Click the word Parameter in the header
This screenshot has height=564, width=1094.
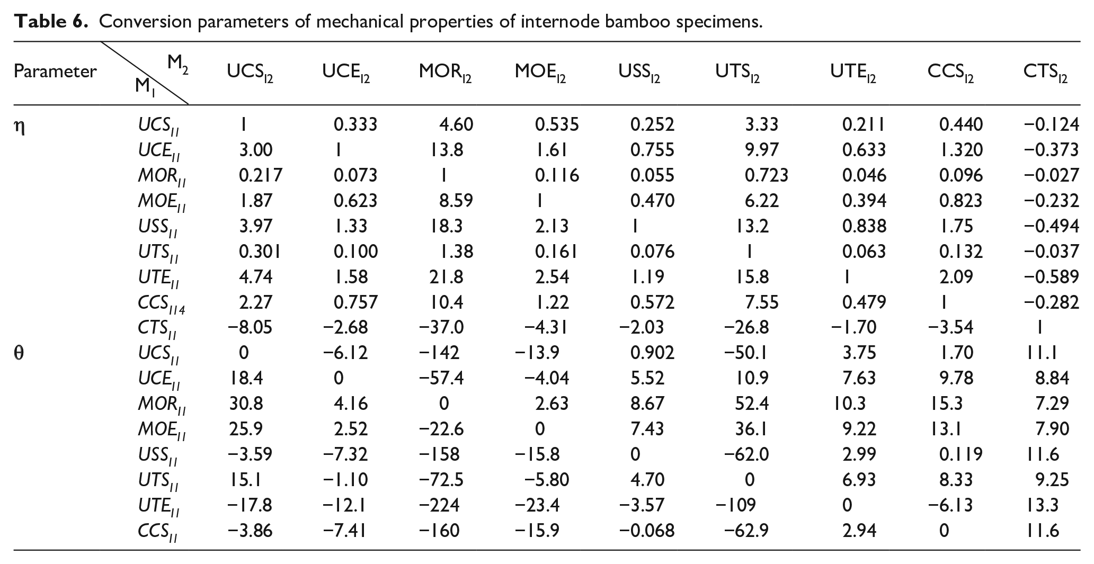pos(55,71)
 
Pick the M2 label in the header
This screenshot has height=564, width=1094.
pos(178,64)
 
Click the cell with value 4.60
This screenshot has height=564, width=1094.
pos(456,124)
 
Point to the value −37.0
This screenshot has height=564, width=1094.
pos(441,327)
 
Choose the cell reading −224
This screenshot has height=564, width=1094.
pos(439,505)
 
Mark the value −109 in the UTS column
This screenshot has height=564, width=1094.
pos(735,505)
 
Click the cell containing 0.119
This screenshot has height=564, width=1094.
pos(960,454)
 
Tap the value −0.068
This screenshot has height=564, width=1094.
pos(646,531)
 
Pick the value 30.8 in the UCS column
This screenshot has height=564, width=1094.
pos(246,404)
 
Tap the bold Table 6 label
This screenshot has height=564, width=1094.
pos(51,22)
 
